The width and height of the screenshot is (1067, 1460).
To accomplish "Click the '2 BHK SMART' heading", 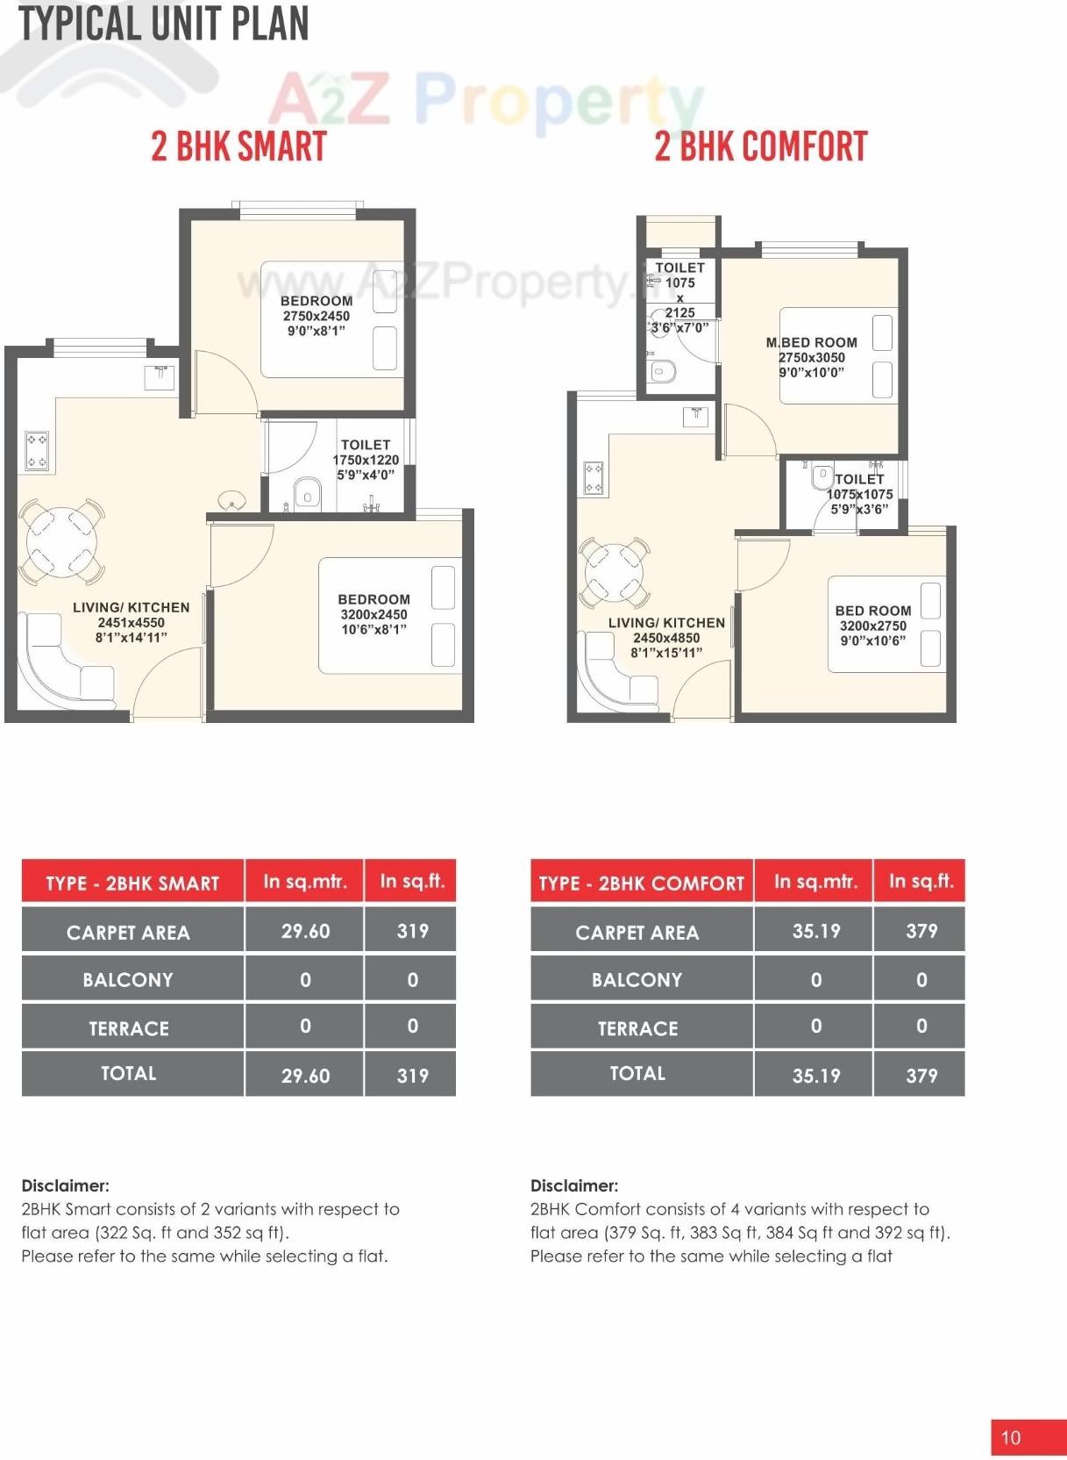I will [238, 147].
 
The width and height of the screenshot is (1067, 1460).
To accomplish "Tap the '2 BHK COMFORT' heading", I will [760, 147].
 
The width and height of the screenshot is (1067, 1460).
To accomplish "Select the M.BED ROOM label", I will [812, 342].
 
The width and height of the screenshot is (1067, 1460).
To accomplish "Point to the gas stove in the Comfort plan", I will [594, 478].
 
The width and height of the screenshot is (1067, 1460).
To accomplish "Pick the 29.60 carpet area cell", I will [305, 931].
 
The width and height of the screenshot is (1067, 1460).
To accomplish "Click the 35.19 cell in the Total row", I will [815, 1075].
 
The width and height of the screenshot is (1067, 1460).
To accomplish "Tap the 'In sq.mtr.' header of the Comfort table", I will [815, 882].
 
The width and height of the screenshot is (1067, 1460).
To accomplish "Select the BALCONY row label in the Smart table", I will [128, 979].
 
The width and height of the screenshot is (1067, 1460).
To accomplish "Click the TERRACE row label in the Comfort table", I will [637, 1028].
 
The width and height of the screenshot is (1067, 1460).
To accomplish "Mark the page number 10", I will [1011, 1437].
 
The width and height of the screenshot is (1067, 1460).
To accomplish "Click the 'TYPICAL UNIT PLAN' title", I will [164, 24].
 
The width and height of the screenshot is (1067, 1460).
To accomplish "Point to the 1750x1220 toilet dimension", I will [366, 460].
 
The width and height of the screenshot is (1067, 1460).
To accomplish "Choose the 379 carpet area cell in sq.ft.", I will [921, 931].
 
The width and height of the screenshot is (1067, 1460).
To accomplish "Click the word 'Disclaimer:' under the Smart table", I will [66, 1185].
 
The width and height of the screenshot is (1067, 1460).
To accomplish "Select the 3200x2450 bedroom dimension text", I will [373, 615].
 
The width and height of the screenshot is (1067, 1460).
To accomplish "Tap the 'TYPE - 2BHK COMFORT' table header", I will [641, 883].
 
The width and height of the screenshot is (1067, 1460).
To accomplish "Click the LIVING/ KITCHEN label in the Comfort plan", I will [666, 623].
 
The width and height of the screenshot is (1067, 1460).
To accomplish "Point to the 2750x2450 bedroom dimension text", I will [316, 316].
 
